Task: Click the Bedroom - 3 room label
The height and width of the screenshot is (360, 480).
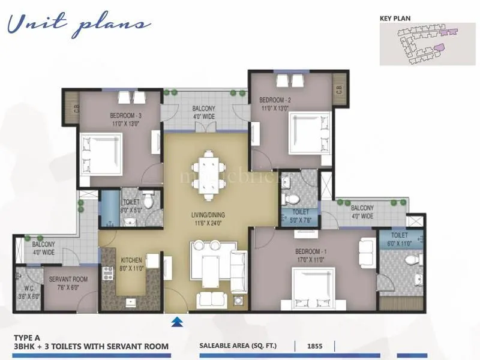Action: click(126, 116)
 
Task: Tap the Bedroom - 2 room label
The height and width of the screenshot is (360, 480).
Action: click(275, 100)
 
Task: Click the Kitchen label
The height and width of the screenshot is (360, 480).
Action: click(131, 260)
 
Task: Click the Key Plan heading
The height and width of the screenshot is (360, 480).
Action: click(395, 18)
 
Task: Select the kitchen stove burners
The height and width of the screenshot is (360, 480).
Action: click(109, 273)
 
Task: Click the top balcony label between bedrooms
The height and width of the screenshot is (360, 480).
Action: click(204, 112)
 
